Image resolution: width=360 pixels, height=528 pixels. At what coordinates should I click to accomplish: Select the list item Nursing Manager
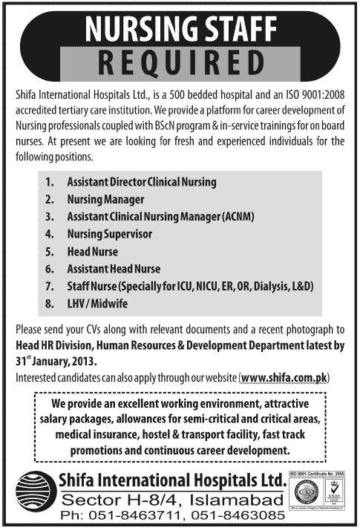click(x=105, y=200)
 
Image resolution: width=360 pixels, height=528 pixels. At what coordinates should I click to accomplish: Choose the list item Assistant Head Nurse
click(x=114, y=269)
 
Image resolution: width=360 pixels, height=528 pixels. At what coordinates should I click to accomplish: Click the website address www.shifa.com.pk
click(x=284, y=378)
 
